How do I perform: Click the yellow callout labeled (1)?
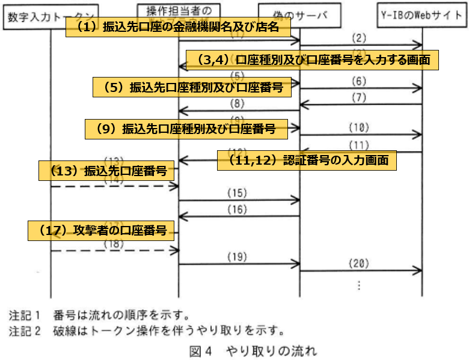(179, 27)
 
